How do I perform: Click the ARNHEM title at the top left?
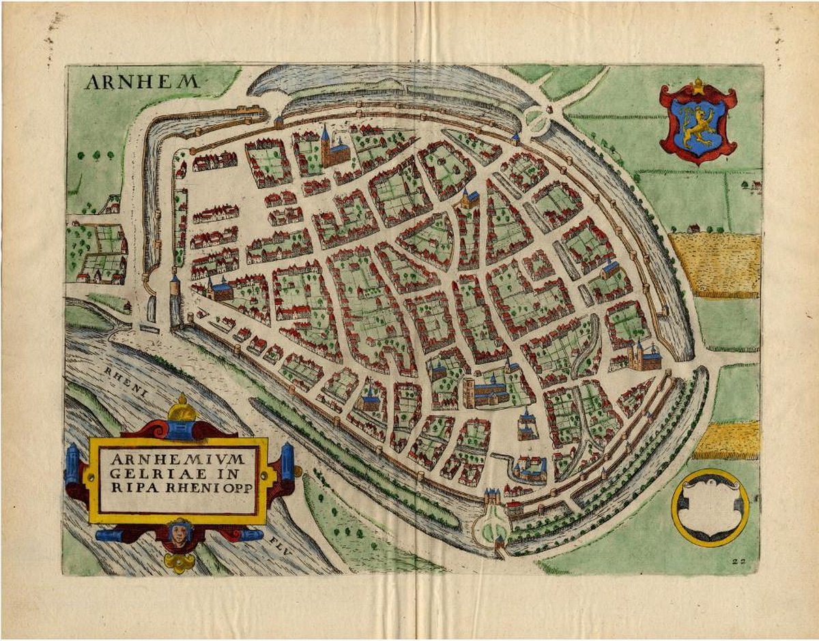pos(142,83)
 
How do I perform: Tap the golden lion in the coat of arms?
pos(697,126)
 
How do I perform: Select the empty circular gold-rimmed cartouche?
pos(710,507)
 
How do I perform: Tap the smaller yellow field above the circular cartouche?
pos(727,440)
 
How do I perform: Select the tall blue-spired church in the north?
pos(329,148)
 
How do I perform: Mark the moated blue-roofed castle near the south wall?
pos(531,468)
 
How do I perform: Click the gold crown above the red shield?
pos(698,87)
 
